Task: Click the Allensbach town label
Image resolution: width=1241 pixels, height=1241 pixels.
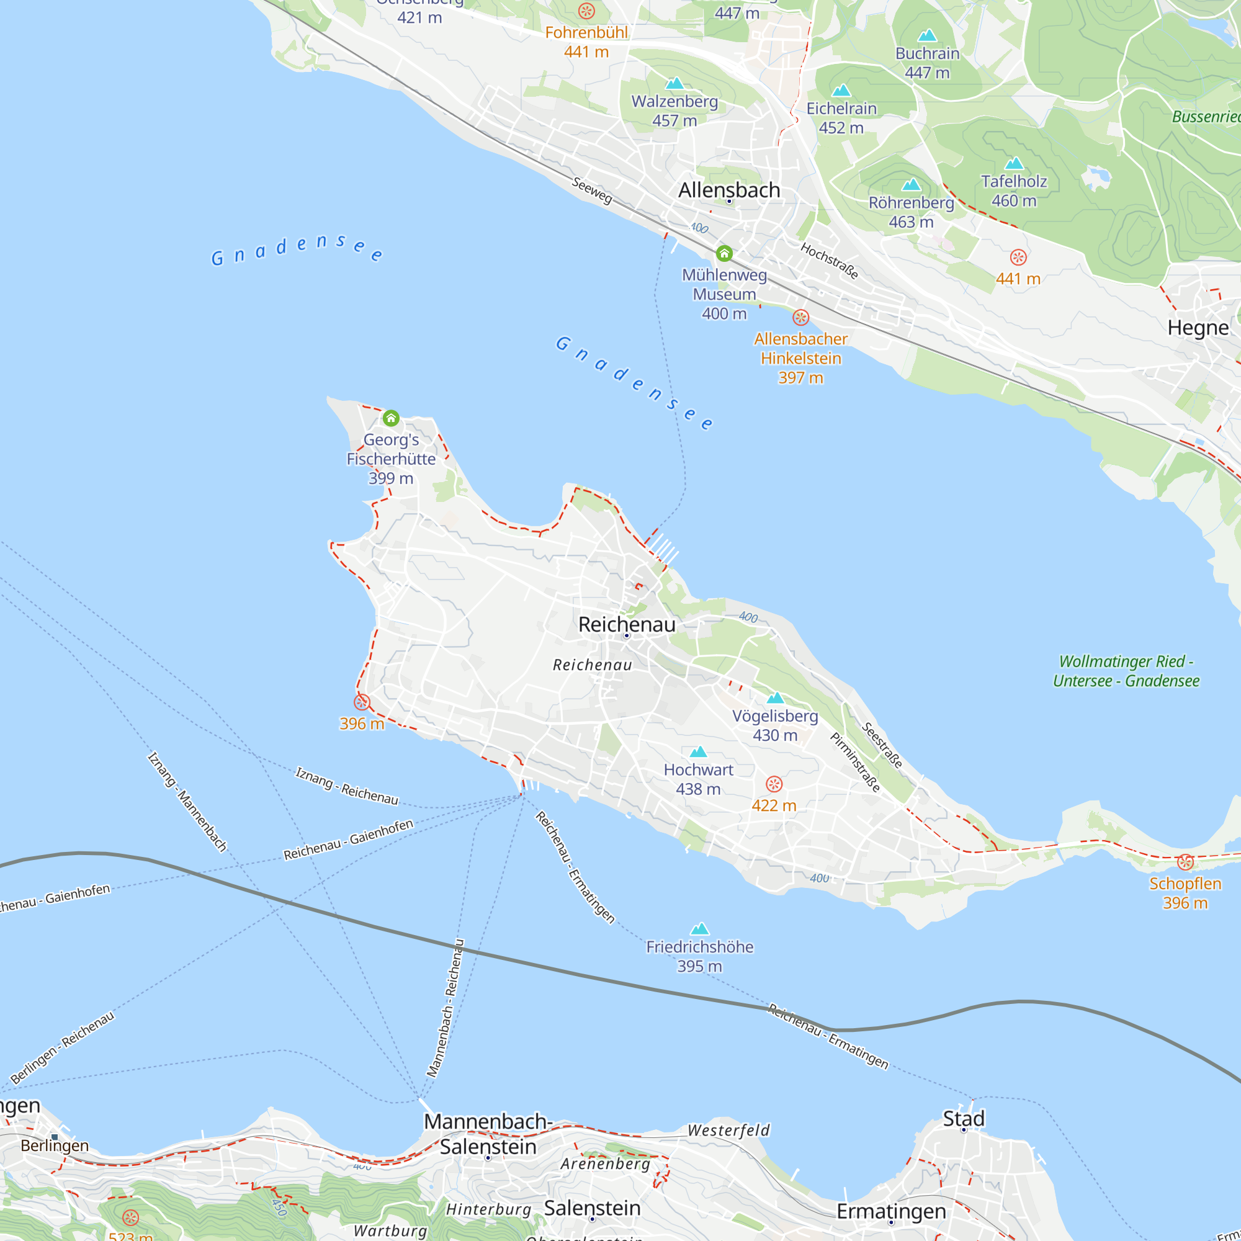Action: (x=729, y=190)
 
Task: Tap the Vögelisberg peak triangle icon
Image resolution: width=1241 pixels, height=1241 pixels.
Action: (x=775, y=697)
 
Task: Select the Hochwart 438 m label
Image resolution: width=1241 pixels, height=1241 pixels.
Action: (x=698, y=779)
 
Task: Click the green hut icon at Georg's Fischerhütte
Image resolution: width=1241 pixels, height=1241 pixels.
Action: (x=390, y=418)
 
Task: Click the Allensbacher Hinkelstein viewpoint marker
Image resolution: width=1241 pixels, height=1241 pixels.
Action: (x=800, y=317)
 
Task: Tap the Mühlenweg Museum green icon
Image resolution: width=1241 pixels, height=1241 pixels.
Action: (x=725, y=253)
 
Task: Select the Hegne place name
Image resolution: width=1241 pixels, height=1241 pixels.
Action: (x=1198, y=328)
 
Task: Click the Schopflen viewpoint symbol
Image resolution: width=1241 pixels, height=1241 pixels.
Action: (x=1185, y=862)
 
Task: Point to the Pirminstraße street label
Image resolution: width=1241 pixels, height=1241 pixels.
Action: (x=855, y=763)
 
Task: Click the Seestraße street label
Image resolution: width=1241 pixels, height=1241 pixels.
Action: (x=882, y=745)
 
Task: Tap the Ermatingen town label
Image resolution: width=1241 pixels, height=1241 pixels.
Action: (x=891, y=1211)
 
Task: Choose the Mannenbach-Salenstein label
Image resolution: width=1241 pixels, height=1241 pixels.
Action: (x=488, y=1134)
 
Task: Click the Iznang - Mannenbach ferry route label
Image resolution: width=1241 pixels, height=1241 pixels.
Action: (x=187, y=802)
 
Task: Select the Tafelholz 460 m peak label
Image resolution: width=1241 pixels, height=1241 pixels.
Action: (x=1014, y=190)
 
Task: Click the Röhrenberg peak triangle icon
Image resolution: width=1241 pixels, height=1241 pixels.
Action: (x=911, y=186)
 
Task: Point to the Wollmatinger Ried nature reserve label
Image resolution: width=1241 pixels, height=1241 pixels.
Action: (x=1126, y=671)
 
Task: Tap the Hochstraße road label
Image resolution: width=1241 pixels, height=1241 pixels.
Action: (x=829, y=260)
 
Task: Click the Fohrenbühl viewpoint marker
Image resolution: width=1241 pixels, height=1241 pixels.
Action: (x=586, y=11)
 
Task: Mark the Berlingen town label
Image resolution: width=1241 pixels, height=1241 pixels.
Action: (x=55, y=1145)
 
